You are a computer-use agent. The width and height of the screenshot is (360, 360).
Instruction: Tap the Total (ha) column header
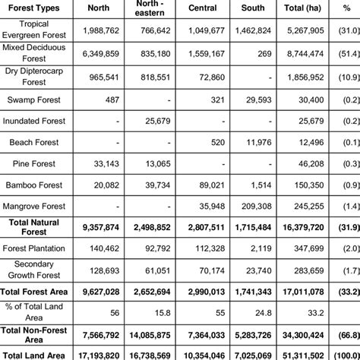click(302, 8)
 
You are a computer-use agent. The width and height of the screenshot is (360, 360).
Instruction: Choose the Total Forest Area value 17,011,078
click(302, 291)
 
